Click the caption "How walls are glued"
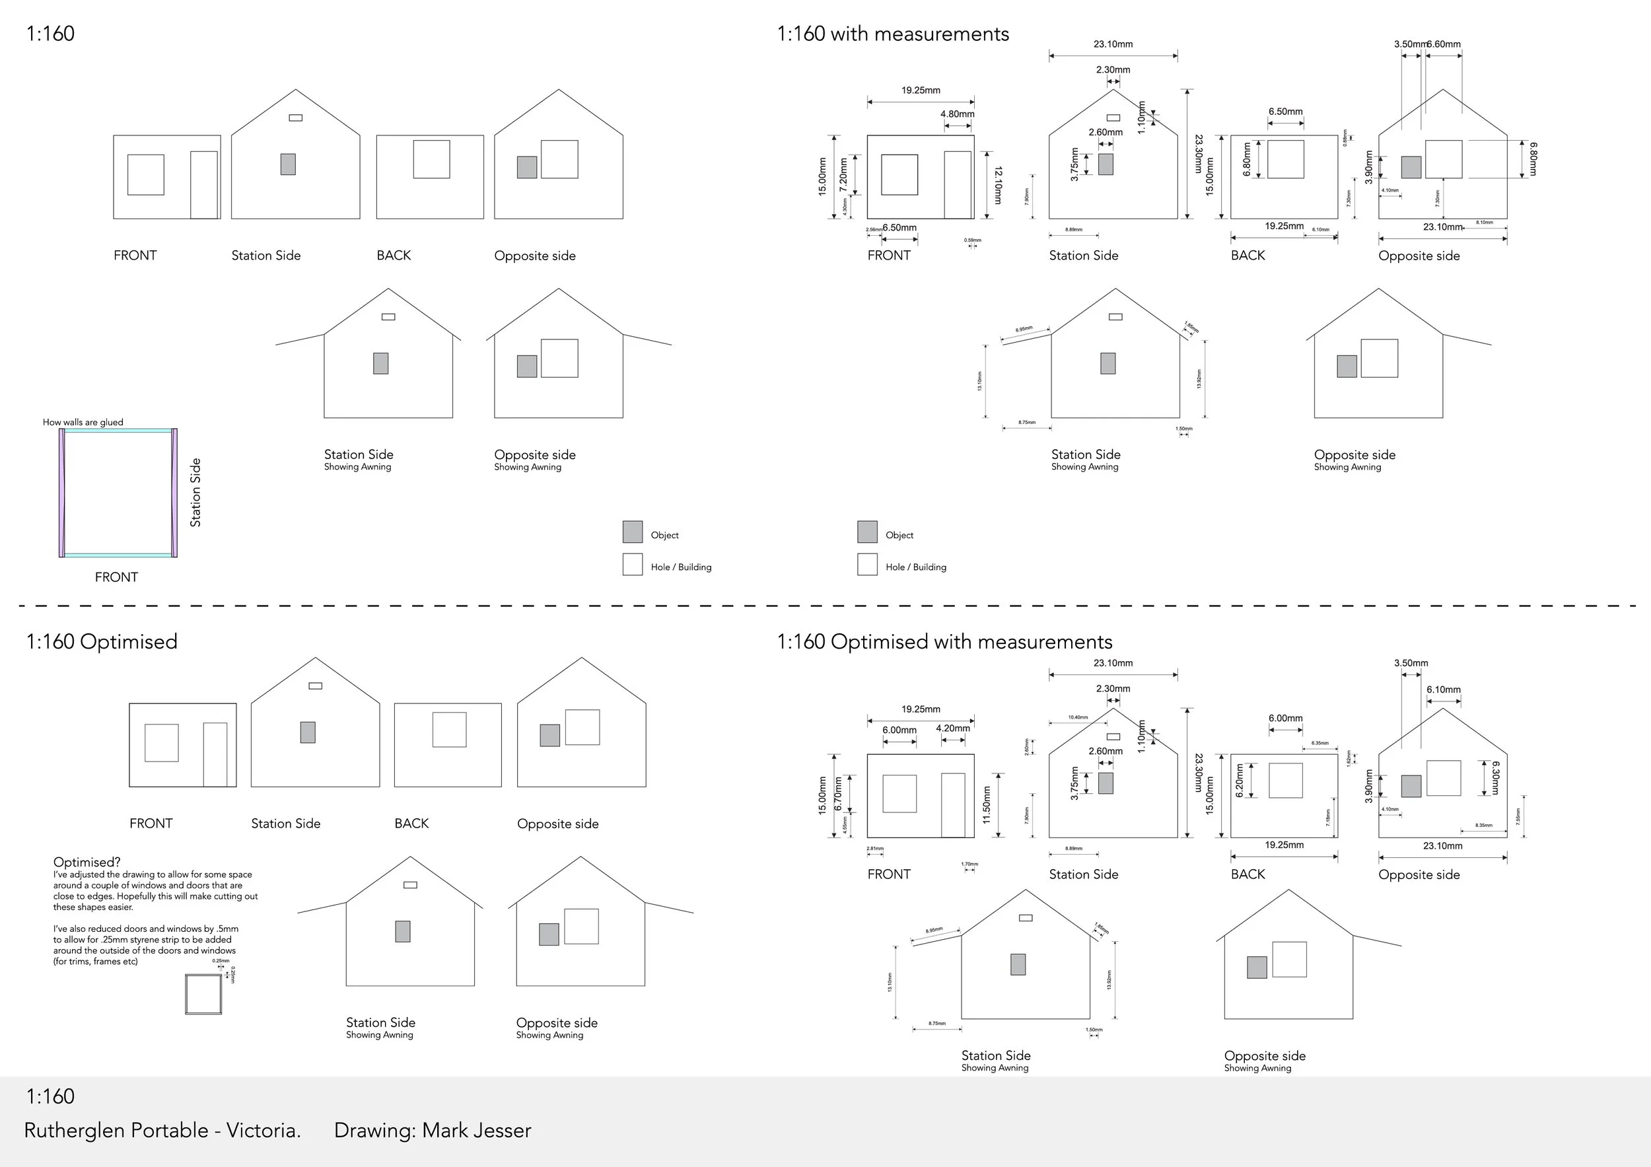[x=83, y=422]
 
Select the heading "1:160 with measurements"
[x=892, y=34]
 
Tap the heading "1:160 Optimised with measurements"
[x=944, y=641]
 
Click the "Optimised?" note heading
[x=87, y=862]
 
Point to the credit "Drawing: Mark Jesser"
[x=432, y=1130]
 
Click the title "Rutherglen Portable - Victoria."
[x=162, y=1130]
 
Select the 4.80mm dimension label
[x=957, y=114]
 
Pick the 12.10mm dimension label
[x=997, y=185]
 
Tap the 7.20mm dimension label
[x=843, y=175]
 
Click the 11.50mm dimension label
[x=987, y=804]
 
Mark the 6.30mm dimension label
[x=1496, y=778]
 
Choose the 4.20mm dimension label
[x=953, y=728]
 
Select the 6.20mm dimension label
[x=1239, y=781]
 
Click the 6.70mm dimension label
[x=838, y=794]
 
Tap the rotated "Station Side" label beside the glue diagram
[x=195, y=493]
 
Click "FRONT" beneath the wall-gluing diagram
[x=116, y=577]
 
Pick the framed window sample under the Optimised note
[x=203, y=995]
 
